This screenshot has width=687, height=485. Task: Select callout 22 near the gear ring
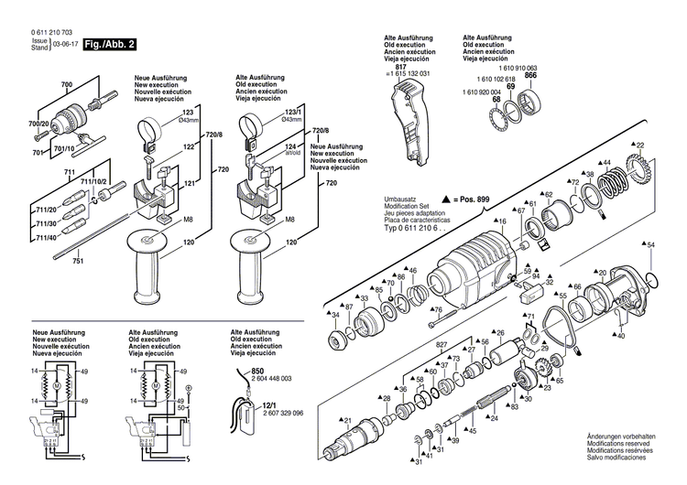point(639,145)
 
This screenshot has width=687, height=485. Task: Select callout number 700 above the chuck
point(65,85)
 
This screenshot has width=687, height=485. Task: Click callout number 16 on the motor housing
point(502,221)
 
